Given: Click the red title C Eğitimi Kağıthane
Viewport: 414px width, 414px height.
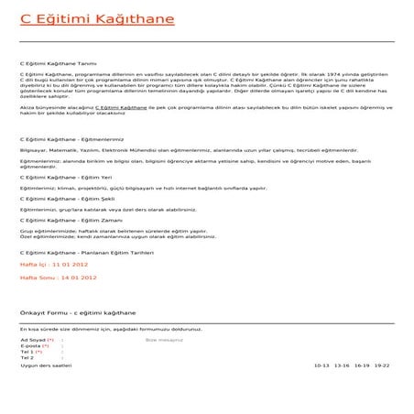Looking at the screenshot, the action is [85, 19].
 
